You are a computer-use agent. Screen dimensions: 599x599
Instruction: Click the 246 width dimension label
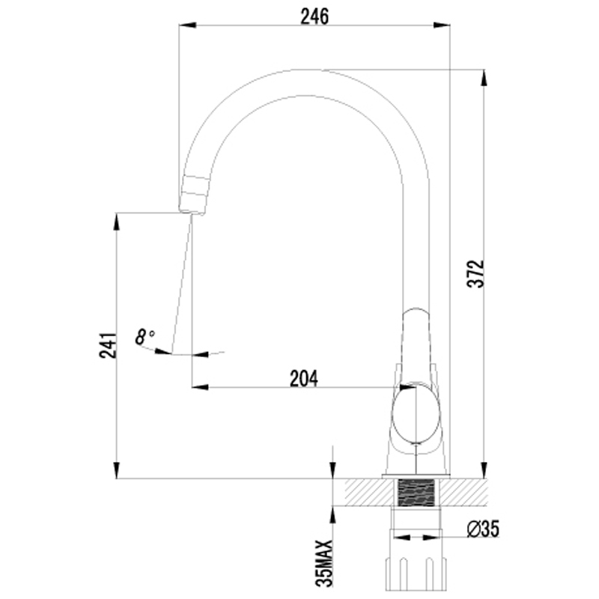click(x=314, y=16)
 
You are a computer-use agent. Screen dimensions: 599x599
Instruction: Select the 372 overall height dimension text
click(x=475, y=274)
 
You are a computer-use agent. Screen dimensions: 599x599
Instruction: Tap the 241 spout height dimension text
click(x=108, y=345)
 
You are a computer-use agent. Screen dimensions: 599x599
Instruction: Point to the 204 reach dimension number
click(x=304, y=379)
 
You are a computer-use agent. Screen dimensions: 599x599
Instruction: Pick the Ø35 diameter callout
click(x=483, y=529)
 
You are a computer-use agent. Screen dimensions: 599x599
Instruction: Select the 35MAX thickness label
click(x=324, y=563)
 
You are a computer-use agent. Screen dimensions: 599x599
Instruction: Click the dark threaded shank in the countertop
click(x=416, y=492)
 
